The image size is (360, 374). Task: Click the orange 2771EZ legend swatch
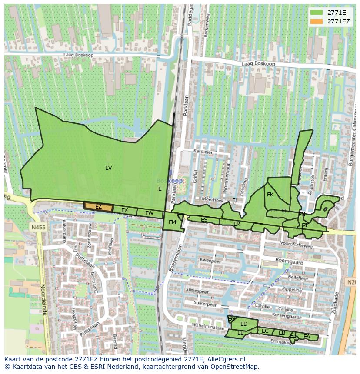tap(316, 21)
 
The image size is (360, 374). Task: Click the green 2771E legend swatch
tap(316, 13)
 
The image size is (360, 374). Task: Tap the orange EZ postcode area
tap(99, 207)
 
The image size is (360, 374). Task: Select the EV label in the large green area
tap(108, 168)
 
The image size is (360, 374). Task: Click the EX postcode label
tap(125, 211)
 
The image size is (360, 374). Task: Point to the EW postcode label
tap(149, 213)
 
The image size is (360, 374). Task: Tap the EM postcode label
tap(172, 222)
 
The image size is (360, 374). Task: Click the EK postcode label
tap(270, 195)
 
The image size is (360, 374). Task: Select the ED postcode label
tap(244, 324)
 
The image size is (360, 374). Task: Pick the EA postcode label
tap(307, 337)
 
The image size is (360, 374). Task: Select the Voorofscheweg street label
tap(297, 245)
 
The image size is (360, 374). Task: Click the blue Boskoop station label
tap(170, 181)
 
